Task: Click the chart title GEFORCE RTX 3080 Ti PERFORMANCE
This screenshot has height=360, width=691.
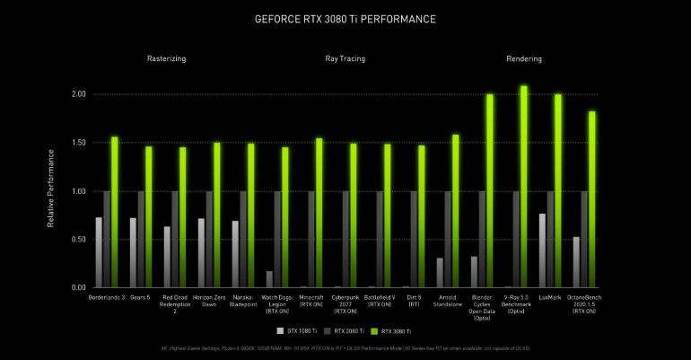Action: click(345, 17)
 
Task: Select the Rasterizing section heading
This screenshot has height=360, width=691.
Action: click(166, 59)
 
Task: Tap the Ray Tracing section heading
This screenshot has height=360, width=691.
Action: click(345, 59)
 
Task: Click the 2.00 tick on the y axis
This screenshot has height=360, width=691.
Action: click(78, 94)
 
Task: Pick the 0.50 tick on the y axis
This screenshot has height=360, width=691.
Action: click(78, 240)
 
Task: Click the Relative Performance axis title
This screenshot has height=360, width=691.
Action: click(50, 191)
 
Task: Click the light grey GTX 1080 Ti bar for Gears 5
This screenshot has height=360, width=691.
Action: click(133, 252)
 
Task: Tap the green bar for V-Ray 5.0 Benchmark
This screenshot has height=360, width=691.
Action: click(524, 187)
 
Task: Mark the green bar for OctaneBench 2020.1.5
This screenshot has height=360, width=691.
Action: click(592, 199)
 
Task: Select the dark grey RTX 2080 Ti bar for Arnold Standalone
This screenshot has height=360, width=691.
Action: click(448, 239)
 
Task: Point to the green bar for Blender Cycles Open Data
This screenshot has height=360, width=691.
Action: click(490, 190)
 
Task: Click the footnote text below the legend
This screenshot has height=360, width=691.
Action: click(345, 347)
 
